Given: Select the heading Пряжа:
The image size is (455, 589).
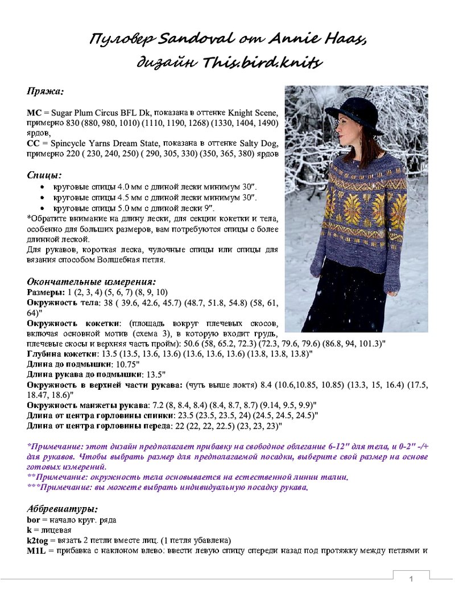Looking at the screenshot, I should pyautogui.click(x=45, y=90).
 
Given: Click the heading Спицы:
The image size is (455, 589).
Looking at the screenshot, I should pyautogui.click(x=44, y=174).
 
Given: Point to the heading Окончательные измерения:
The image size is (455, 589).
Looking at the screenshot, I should pyautogui.click(x=92, y=281).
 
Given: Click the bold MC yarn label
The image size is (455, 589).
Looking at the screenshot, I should pyautogui.click(x=34, y=113).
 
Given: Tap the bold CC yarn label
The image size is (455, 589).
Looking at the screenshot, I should pyautogui.click(x=33, y=143).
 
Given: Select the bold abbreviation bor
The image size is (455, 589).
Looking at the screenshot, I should pyautogui.click(x=34, y=519).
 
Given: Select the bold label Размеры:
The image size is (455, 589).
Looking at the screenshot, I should pyautogui.click(x=46, y=292).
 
